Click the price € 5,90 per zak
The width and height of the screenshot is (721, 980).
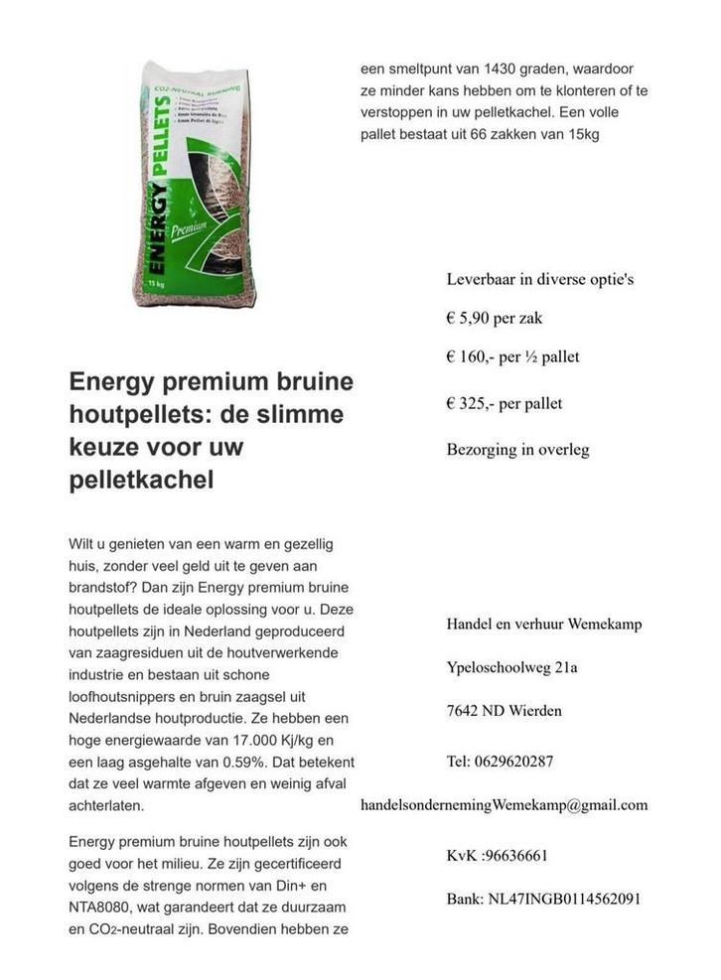pos(494,319)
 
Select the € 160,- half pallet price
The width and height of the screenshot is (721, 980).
pos(512,356)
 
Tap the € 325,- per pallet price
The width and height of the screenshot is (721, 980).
pos(505,403)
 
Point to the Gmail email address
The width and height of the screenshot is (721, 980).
pos(504,804)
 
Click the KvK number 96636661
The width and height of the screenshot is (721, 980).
pos(498,855)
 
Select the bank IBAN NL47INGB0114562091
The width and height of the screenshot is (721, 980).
pos(543,899)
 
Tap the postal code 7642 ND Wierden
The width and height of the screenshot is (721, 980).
pos(504,710)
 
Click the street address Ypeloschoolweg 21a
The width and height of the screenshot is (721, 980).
pos(511,667)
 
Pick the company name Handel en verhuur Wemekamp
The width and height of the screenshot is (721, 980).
pos(543,624)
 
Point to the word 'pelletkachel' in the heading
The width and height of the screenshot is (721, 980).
pos(141,481)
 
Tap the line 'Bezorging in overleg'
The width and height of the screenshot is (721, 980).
pos(517,450)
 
